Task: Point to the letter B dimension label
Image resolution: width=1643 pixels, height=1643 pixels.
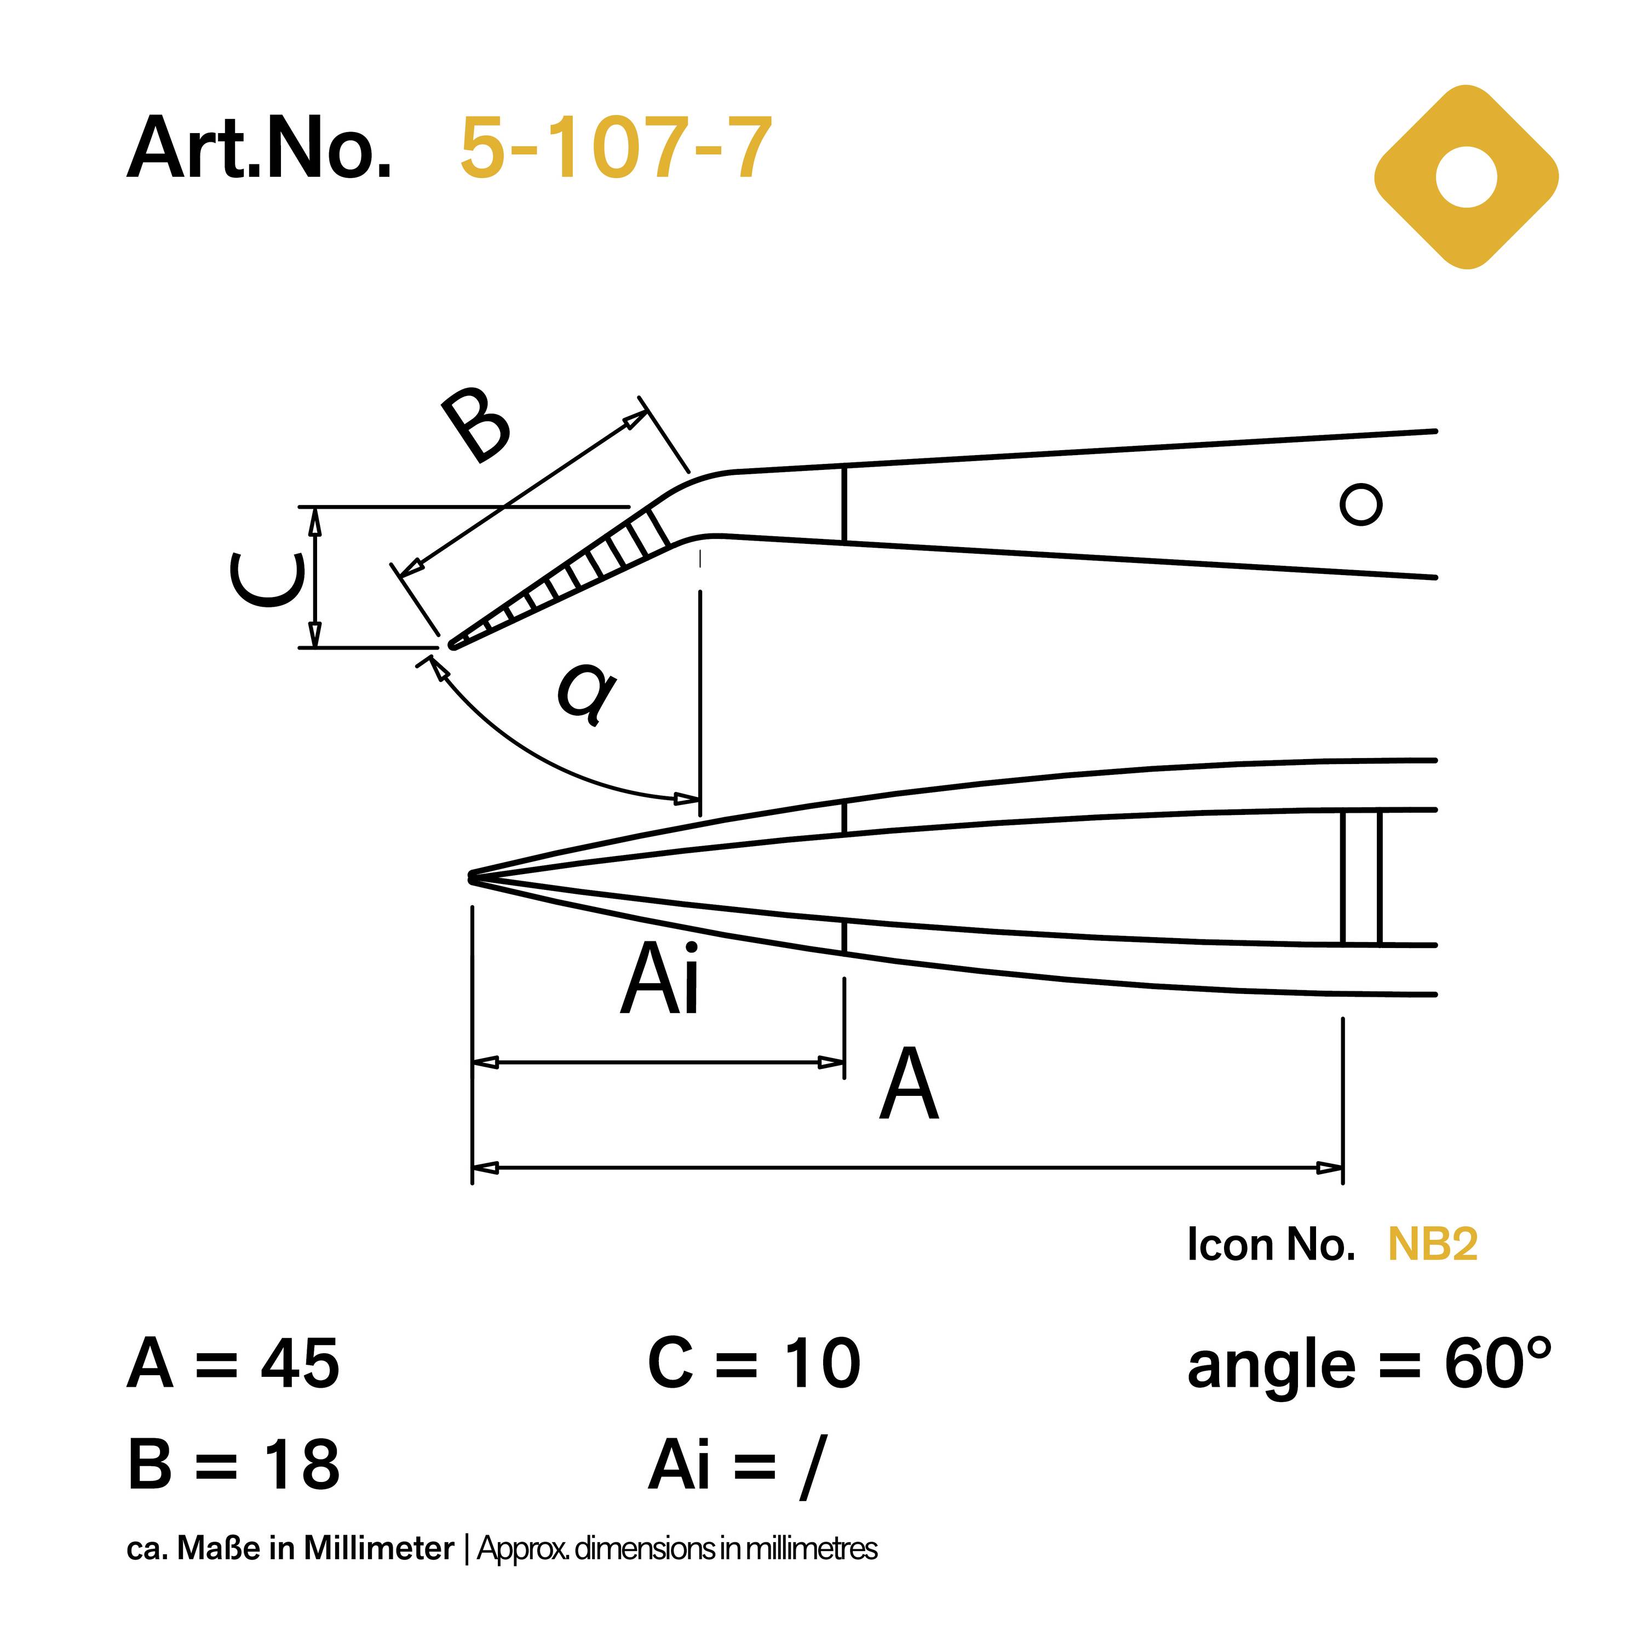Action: [477, 427]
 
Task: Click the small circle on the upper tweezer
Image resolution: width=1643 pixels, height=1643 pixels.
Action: [1360, 505]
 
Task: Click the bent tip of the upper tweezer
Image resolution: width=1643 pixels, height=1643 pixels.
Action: [455, 643]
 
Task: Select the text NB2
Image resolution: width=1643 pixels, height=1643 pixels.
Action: [1432, 1245]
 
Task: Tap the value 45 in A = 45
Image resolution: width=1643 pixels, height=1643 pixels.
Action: [300, 1363]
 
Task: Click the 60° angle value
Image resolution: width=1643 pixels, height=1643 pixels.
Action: [1497, 1363]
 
